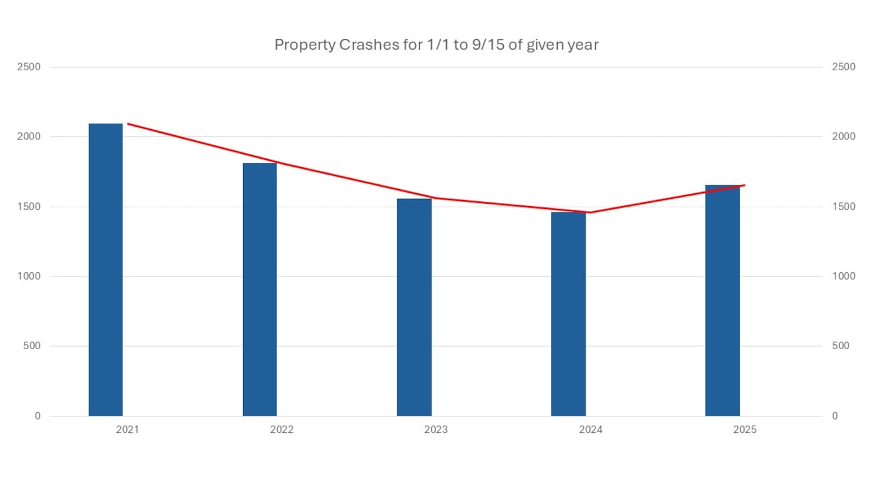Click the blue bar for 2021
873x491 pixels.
click(105, 270)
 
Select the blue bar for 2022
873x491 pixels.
click(259, 289)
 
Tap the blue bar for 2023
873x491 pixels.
click(414, 307)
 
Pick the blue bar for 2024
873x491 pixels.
click(568, 314)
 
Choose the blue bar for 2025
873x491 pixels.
click(722, 300)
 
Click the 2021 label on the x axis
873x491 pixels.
click(127, 430)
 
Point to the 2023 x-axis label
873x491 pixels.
click(436, 430)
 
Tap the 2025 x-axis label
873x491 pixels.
click(744, 430)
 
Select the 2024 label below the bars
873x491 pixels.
click(590, 430)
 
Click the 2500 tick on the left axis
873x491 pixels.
click(28, 67)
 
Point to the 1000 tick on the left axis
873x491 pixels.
click(28, 276)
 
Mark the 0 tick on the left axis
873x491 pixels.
click(38, 416)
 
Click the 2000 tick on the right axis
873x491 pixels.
click(843, 137)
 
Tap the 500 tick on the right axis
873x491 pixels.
click(841, 346)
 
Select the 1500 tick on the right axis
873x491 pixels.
click(843, 207)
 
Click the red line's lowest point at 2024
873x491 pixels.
click(590, 212)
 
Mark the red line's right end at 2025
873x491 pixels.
click(744, 185)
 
